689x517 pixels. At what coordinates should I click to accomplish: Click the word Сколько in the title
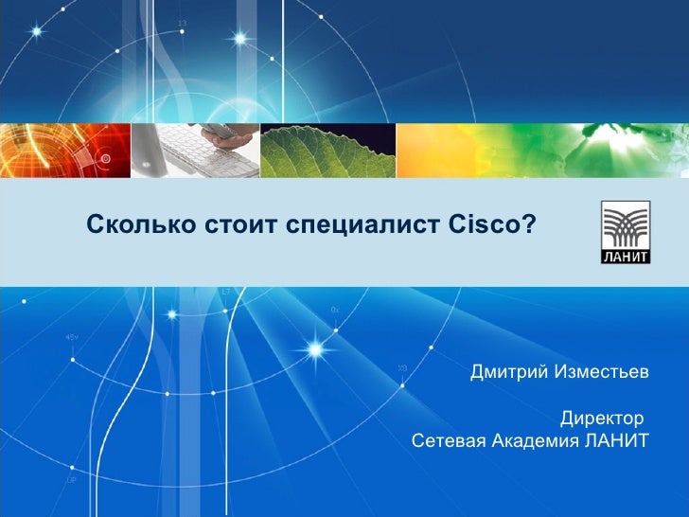pos(141,225)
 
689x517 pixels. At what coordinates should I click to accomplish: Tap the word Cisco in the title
pos(484,225)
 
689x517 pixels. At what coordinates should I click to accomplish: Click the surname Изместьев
pos(603,370)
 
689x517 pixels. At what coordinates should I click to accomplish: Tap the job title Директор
pos(601,417)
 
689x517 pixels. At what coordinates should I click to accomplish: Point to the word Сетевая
pos(449,440)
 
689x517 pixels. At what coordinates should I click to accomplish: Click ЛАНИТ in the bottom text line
pos(617,440)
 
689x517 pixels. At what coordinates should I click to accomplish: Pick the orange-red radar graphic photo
pos(64,152)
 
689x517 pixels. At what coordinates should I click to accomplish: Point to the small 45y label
pos(71,337)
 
